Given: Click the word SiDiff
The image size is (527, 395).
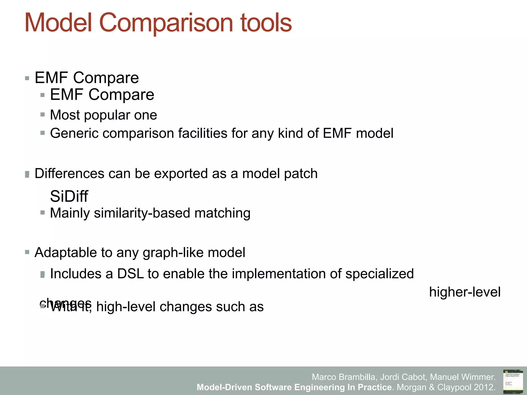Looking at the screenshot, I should [69, 196].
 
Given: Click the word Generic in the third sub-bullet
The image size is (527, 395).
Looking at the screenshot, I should [74, 133].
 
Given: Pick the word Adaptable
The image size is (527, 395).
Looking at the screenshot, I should [66, 253].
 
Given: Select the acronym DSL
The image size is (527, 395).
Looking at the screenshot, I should [130, 274].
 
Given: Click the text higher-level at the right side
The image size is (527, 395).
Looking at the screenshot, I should [465, 292].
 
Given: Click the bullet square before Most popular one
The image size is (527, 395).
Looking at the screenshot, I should [43, 114].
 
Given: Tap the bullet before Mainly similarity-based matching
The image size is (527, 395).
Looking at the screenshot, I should [43, 212].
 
